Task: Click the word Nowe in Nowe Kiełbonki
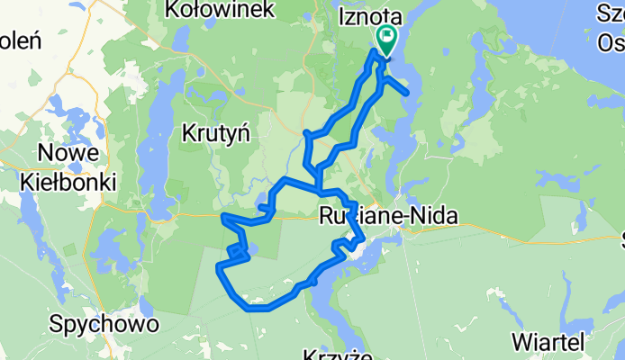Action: point(67,154)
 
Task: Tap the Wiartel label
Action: point(549,341)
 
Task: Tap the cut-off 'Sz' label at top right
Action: point(612,12)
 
